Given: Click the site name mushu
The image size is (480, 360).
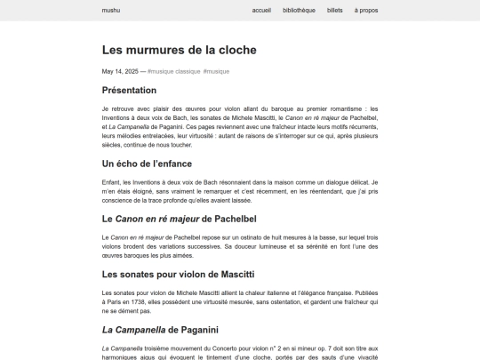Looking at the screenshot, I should [x=111, y=11].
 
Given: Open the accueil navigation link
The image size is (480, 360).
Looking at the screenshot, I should [x=261, y=11].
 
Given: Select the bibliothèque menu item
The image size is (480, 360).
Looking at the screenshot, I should [x=299, y=11].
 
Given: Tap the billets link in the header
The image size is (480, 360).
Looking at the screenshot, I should [x=335, y=11].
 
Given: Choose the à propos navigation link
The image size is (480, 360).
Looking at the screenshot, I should [x=366, y=11].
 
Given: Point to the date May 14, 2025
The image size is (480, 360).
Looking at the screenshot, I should [x=120, y=71].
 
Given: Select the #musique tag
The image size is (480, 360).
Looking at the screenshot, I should [x=216, y=71].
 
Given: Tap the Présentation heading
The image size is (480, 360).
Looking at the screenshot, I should [x=129, y=90].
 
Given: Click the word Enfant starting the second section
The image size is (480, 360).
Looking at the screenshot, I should [x=111, y=180].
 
